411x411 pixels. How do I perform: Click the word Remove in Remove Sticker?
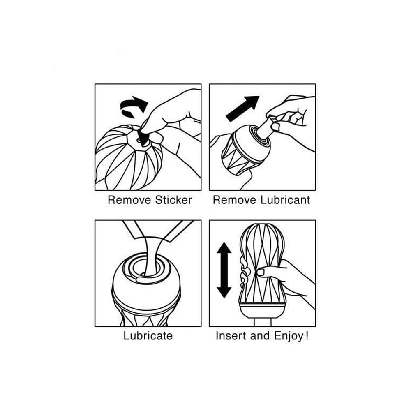coord(130,200)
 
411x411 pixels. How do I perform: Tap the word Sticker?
coord(173,200)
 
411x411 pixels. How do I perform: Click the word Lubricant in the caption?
coord(285,200)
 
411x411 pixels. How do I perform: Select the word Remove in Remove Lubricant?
coord(234,200)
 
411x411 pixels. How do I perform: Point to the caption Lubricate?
coord(148,336)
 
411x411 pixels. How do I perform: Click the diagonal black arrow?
coord(242,109)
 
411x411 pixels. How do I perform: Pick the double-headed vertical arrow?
coord(224,270)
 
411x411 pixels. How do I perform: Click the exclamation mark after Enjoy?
coord(307,335)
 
